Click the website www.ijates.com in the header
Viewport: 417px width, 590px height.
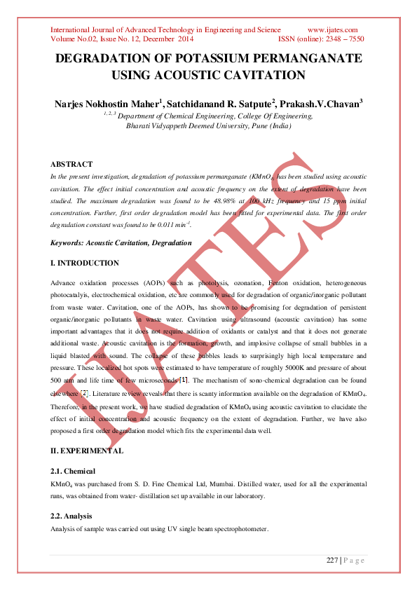(333, 30)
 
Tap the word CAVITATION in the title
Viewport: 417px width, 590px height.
(264, 75)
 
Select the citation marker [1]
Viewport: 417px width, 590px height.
(184, 379)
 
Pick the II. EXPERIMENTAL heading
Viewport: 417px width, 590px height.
(86, 451)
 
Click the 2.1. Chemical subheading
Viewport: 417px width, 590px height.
(72, 471)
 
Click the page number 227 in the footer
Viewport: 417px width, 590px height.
(332, 560)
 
